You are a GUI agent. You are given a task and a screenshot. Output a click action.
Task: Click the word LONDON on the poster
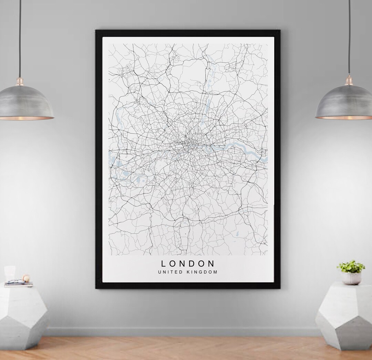[188, 264]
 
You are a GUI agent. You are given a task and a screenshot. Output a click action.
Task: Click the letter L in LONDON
[164, 264]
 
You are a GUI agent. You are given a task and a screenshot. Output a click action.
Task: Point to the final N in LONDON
[211, 264]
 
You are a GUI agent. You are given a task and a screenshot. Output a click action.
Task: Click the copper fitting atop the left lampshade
[20, 82]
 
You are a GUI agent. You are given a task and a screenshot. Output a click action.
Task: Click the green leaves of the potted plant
[351, 266]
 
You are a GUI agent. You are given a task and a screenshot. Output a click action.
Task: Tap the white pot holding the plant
[351, 278]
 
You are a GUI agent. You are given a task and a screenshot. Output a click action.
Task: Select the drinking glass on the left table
[10, 274]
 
